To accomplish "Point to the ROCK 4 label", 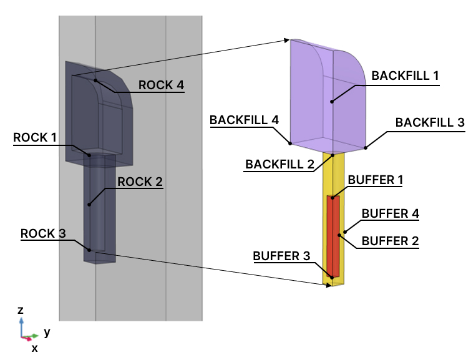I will pos(161,85).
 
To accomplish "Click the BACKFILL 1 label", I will pos(406,75).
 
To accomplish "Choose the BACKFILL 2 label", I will pos(279,165).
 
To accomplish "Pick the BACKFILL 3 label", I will pos(430,122).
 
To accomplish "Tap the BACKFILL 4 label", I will pos(244,119).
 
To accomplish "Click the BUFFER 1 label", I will pos(376,180).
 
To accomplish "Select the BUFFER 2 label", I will pos(390,240).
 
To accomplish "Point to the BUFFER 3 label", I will pos(281,256).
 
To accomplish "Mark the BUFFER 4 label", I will pos(391,213).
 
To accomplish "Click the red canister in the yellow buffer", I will pos(333,237).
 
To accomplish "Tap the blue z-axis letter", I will pos(21,310).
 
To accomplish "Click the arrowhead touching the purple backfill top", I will pos(287,41).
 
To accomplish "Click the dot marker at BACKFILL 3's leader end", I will pos(366,148).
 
